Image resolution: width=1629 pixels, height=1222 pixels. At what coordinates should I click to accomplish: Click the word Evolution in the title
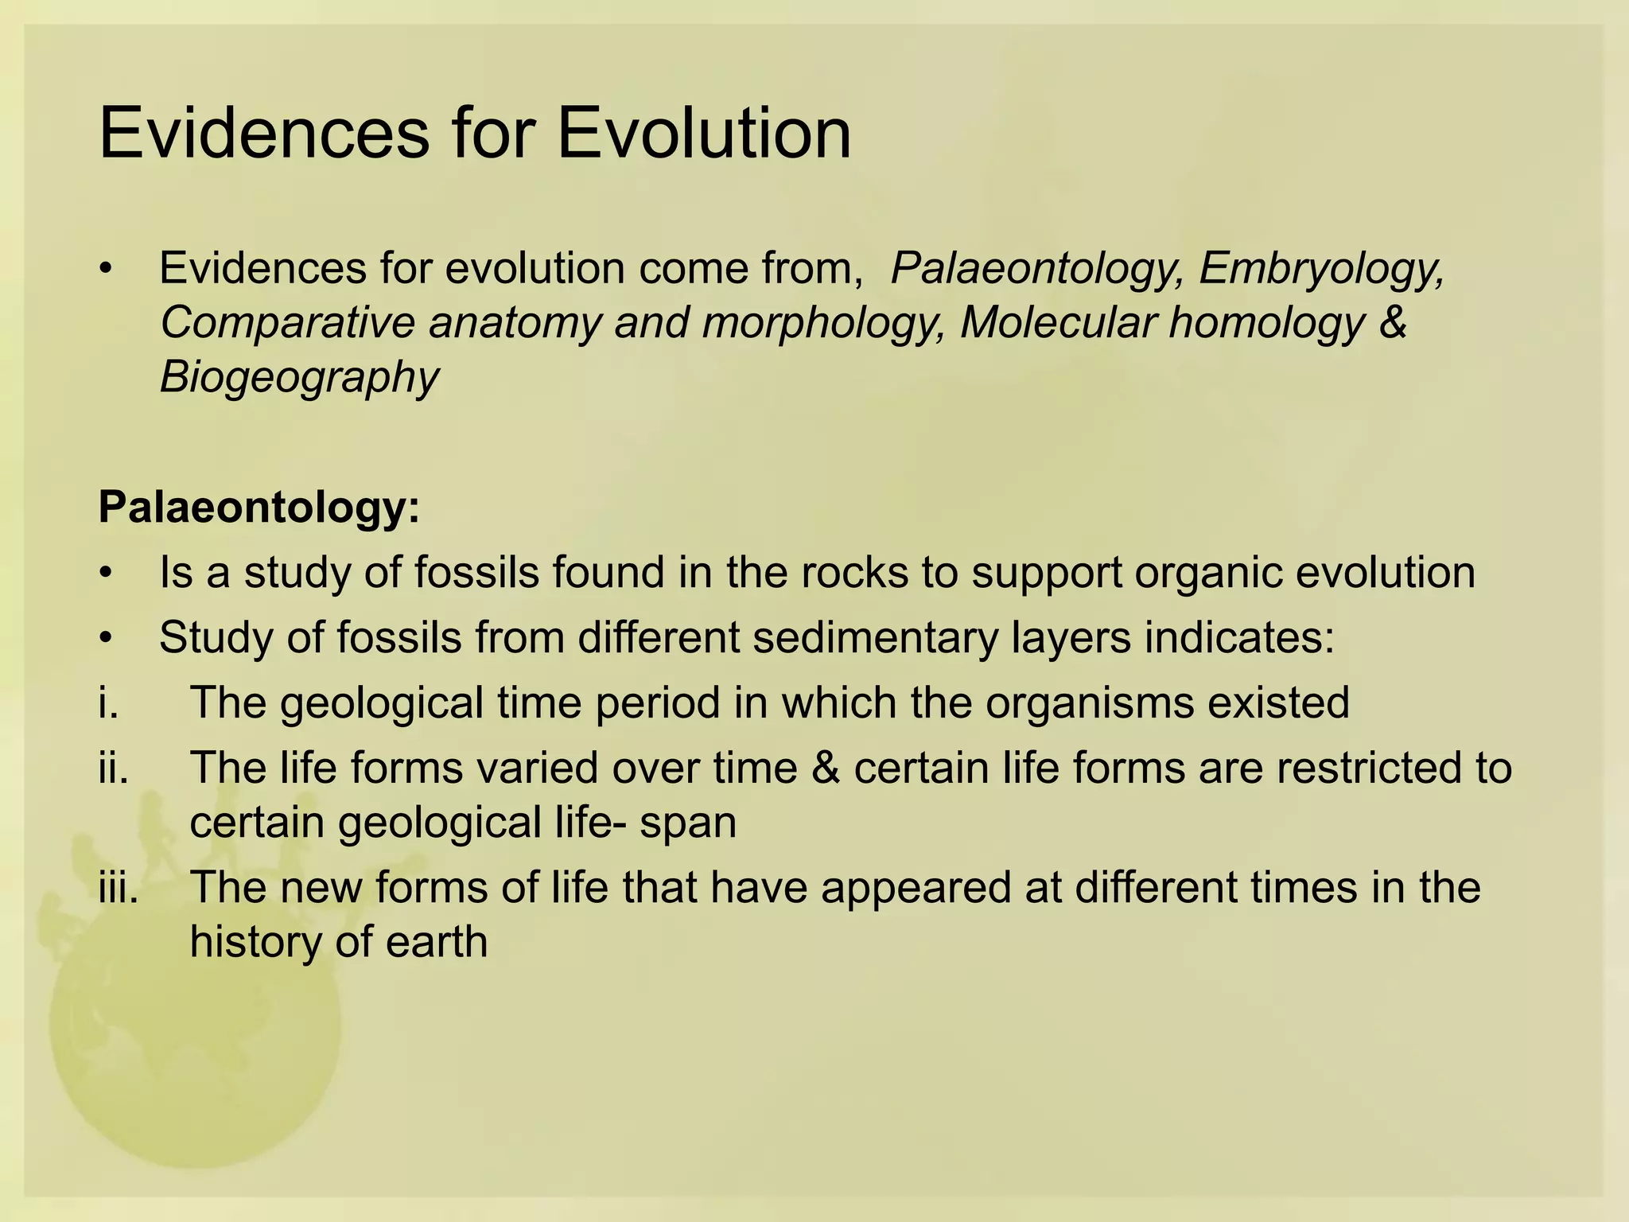(x=703, y=134)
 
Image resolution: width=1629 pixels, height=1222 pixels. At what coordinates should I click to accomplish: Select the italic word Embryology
(x=1321, y=269)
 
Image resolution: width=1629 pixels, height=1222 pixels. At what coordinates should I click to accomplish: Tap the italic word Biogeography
(x=299, y=377)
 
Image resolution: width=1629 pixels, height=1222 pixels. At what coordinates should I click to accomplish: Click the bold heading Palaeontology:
(x=259, y=507)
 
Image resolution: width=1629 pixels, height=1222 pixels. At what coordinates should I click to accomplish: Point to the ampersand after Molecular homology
(x=1392, y=322)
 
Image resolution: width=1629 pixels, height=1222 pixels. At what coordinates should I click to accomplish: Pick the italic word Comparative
(x=287, y=323)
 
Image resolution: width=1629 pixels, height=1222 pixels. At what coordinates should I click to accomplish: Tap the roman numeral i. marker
(x=109, y=703)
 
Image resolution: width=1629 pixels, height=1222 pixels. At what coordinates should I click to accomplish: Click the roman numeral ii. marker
(x=114, y=769)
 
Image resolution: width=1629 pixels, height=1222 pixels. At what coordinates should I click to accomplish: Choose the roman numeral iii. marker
(x=119, y=888)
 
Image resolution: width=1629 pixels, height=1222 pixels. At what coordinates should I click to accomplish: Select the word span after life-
(x=688, y=823)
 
